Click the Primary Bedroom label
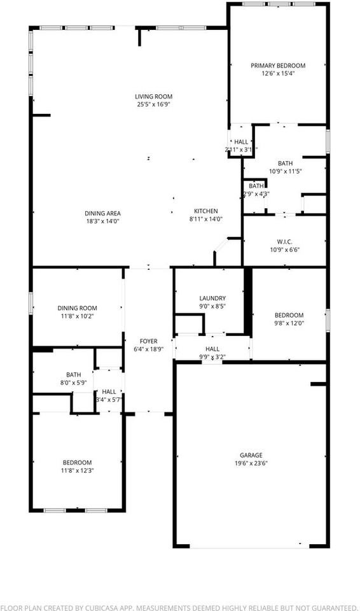point(278,66)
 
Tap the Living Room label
point(154,97)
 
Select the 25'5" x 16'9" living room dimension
point(154,104)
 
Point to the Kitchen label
point(206,211)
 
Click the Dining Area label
point(102,213)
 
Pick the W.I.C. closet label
point(284,241)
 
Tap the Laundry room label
point(212,298)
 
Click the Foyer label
point(149,341)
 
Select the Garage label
point(251,455)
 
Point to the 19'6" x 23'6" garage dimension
point(251,463)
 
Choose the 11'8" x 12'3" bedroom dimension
point(77,470)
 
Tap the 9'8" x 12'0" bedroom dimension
point(289,323)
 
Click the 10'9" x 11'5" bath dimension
point(285,171)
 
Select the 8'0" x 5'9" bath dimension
point(74,383)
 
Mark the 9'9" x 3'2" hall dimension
point(212,357)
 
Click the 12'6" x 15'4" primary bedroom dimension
point(278,73)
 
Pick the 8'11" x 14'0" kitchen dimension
point(206,219)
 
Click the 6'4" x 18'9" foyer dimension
point(149,349)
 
